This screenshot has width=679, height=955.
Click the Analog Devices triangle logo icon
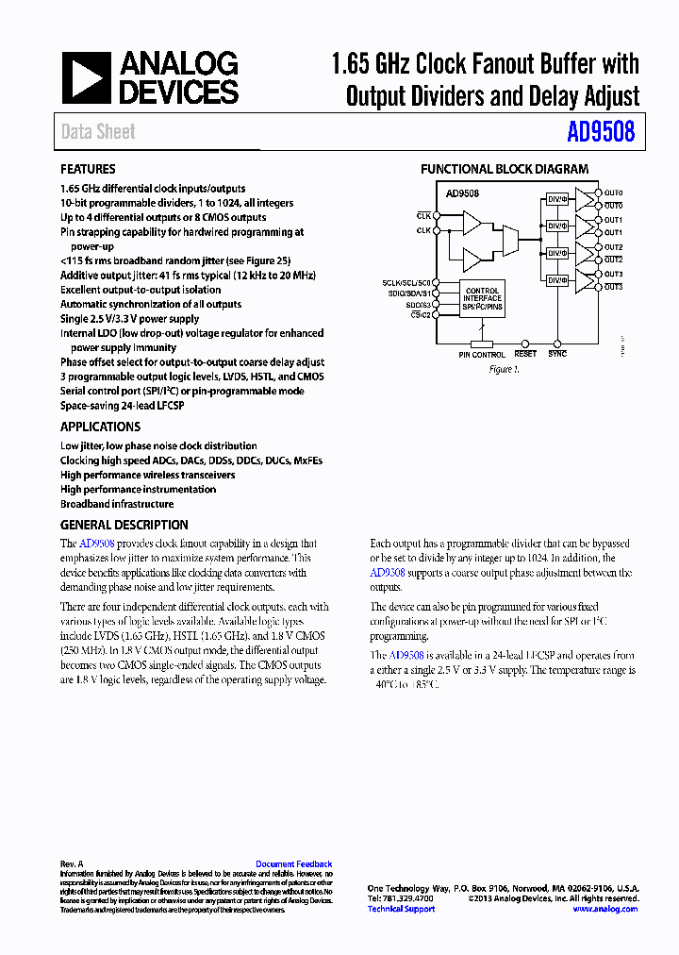click(x=87, y=78)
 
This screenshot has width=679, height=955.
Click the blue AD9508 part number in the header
click(x=601, y=132)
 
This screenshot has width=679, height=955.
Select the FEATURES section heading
click(x=88, y=169)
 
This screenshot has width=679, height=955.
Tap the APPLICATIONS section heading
click(x=99, y=427)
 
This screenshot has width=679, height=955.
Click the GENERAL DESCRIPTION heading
click(x=124, y=525)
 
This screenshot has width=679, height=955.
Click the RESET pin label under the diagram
click(x=525, y=354)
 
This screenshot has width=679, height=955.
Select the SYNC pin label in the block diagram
click(x=557, y=354)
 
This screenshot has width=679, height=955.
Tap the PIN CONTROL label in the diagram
click(x=482, y=355)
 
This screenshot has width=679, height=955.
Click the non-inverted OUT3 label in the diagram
click(x=613, y=274)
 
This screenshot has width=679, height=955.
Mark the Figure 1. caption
click(x=504, y=370)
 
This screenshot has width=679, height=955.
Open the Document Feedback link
click(x=293, y=863)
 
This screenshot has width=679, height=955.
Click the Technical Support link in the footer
click(x=401, y=909)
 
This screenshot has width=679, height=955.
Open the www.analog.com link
click(x=604, y=909)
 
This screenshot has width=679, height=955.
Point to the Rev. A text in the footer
click(x=72, y=863)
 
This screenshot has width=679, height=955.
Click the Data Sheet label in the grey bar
click(x=98, y=132)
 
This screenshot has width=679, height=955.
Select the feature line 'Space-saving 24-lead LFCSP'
click(x=122, y=405)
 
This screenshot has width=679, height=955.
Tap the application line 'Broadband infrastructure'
click(x=117, y=504)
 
